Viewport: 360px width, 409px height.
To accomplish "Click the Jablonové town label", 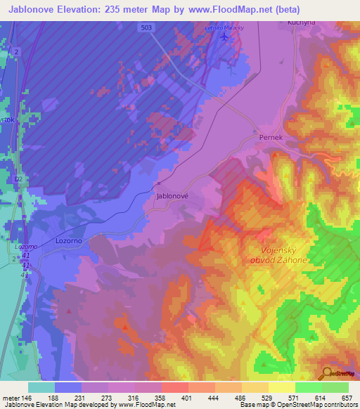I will tap(172, 197).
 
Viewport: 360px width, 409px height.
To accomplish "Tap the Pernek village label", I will tap(271, 138).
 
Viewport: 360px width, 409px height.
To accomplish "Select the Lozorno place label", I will tap(70, 240).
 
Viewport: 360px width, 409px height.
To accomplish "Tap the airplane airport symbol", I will tap(224, 37).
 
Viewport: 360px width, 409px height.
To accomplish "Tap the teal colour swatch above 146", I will tap(42, 387).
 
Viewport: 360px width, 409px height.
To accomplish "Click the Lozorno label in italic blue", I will tap(26, 247).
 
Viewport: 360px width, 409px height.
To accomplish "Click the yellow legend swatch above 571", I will tap(282, 387).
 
